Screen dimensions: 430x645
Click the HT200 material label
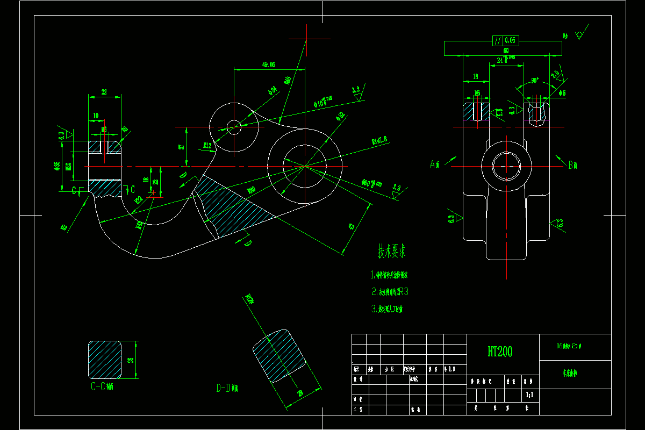[500, 352]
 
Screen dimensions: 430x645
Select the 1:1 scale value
[529, 395]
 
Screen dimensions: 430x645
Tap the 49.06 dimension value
[268, 64]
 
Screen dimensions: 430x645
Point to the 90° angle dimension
[535, 81]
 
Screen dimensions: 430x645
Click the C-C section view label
[102, 386]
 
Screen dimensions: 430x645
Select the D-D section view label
[227, 388]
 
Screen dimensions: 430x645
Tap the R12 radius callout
[207, 145]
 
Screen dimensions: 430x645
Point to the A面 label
[435, 164]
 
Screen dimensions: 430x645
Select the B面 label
[573, 165]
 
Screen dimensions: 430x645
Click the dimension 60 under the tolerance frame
[505, 51]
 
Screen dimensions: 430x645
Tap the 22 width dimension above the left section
[104, 92]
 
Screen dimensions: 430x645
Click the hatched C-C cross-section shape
[105, 359]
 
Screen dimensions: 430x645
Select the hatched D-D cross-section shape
[279, 356]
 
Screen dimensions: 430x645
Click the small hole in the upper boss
[234, 127]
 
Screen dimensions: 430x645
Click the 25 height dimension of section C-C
[131, 360]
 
